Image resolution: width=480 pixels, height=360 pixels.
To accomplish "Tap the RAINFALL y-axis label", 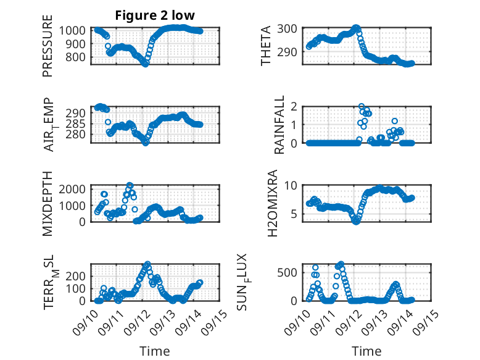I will pos(279,125).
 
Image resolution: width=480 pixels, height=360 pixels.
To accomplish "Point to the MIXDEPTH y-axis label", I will pos(48,203).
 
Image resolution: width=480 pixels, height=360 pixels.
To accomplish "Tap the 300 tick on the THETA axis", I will pos(289,28).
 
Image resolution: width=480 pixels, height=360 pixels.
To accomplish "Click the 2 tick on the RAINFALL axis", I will pos(294,106).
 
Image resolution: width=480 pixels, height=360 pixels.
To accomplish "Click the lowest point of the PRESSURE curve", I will pos(146,64).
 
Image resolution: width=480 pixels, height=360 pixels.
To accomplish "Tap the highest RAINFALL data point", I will pos(361,106).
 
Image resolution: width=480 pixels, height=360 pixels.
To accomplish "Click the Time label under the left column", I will pos(155,351).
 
